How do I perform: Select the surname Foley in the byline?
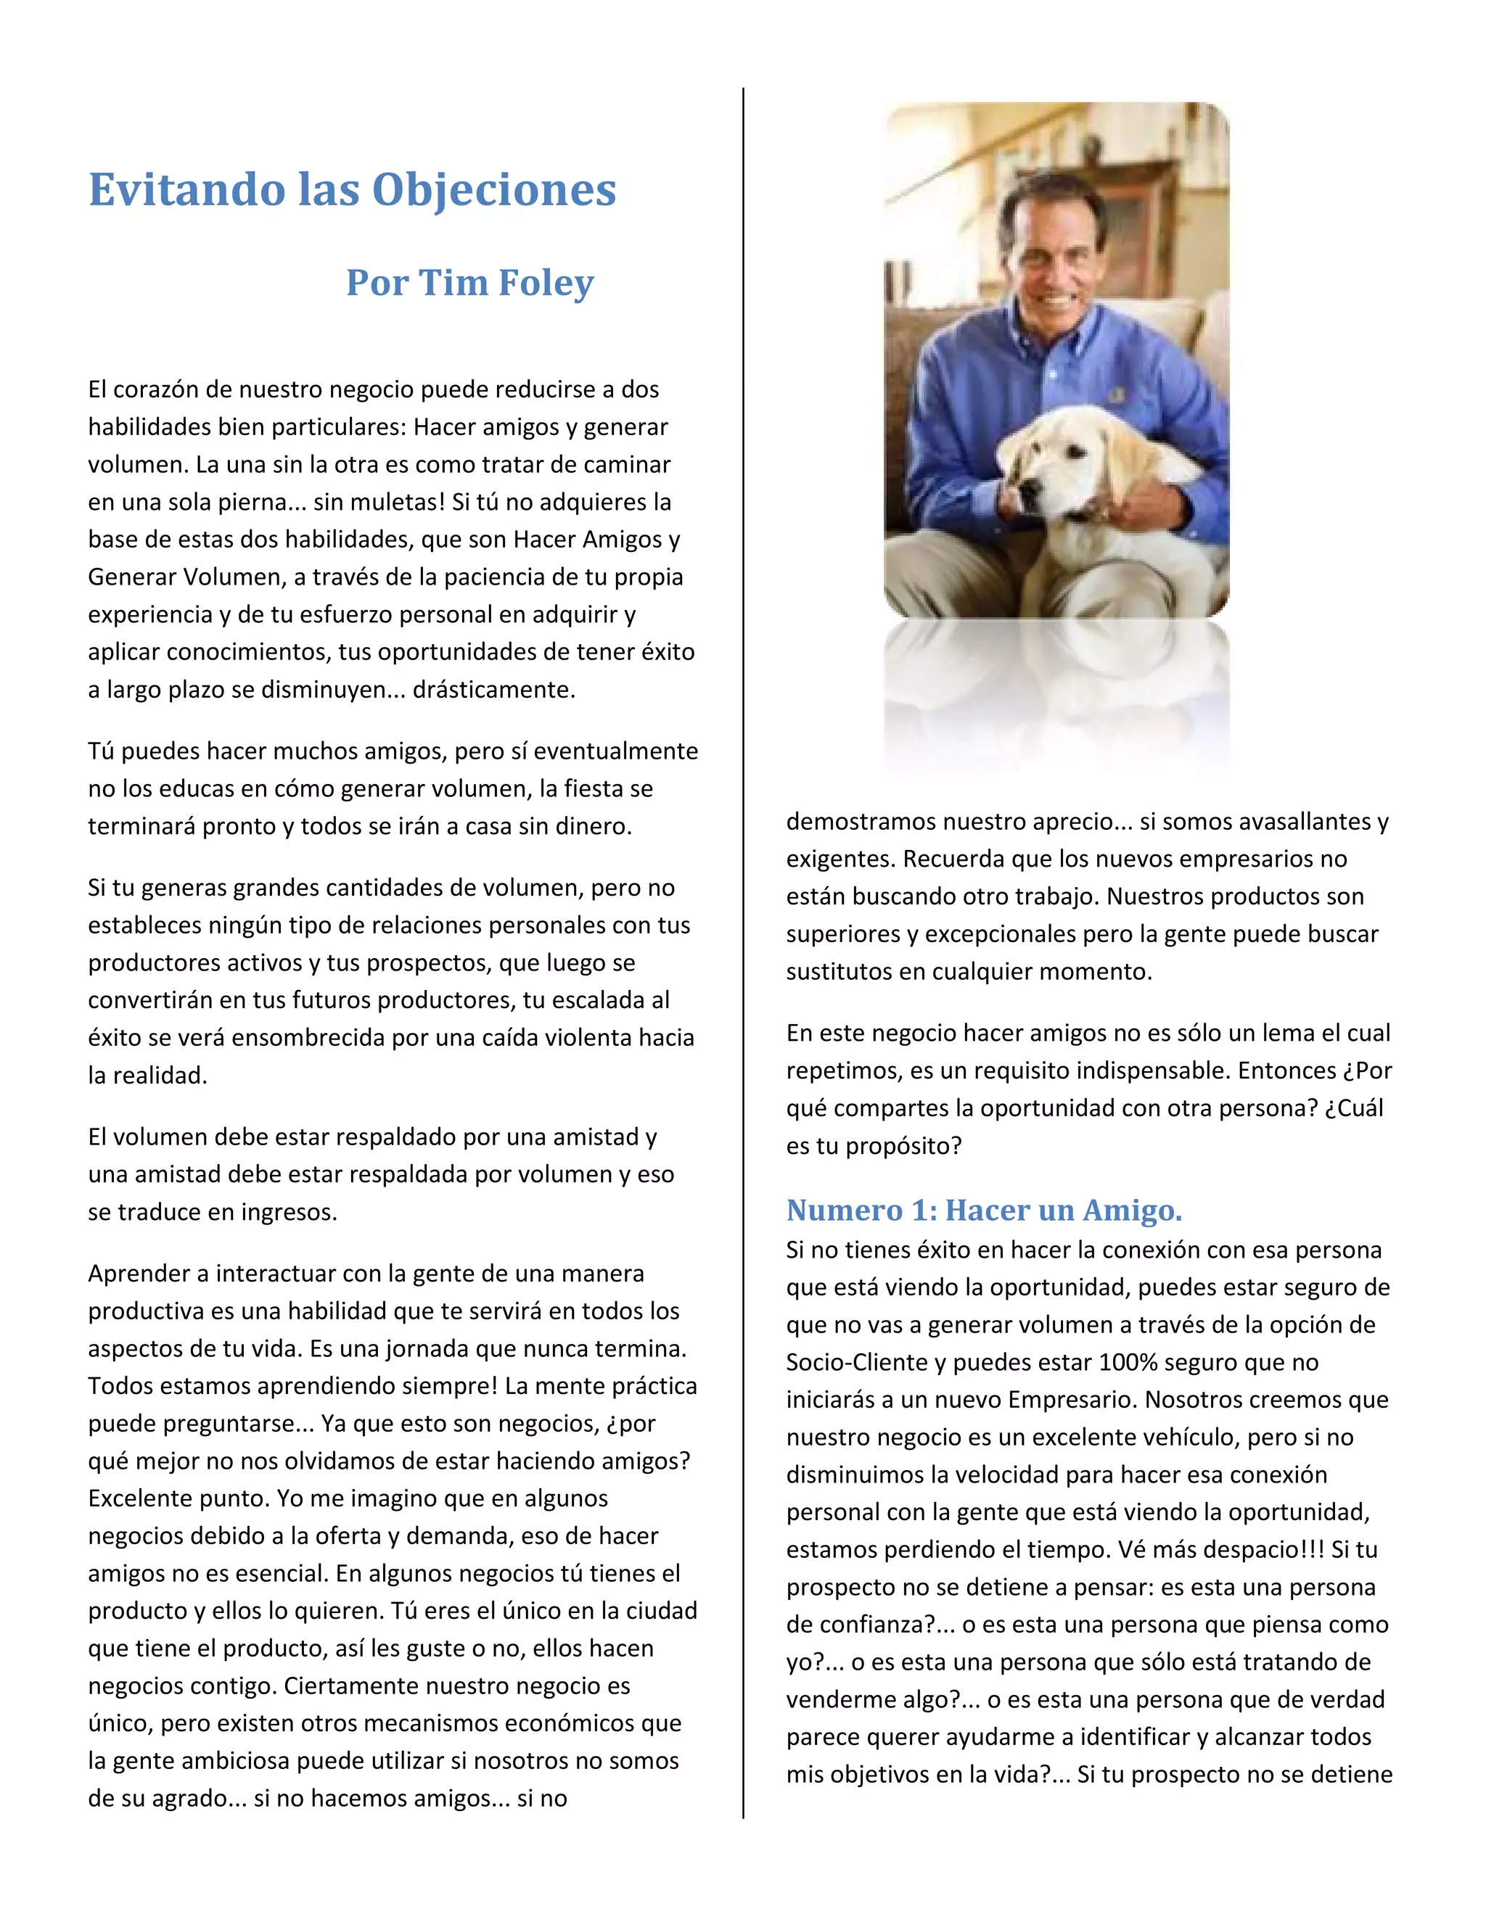(x=546, y=282)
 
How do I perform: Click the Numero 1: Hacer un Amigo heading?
(x=983, y=1210)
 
